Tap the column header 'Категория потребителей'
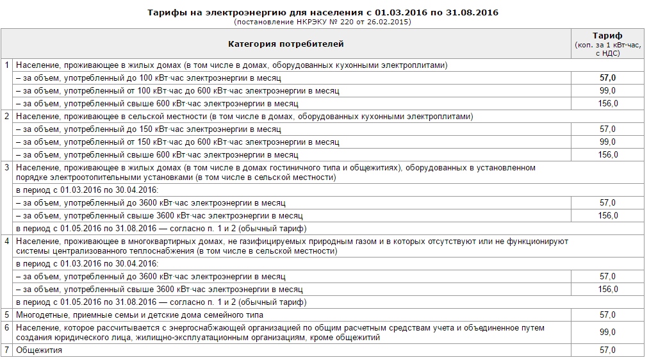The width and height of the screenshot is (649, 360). tap(286, 44)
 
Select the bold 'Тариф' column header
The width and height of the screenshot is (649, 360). tap(607, 36)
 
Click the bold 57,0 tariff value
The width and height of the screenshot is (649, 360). tap(607, 78)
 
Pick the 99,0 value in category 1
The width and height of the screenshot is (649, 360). tap(607, 90)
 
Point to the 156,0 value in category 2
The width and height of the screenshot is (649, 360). tap(607, 154)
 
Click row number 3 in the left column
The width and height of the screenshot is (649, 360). tap(7, 168)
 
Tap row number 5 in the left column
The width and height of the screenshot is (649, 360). tap(7, 315)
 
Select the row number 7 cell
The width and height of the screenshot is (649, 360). tap(7, 350)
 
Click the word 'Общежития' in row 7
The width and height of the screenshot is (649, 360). tap(39, 350)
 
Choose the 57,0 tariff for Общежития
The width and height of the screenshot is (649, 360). tap(607, 350)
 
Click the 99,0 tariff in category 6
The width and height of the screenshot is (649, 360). tap(607, 332)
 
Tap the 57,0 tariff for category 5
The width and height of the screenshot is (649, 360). tap(607, 315)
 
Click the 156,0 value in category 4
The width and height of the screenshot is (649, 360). tap(607, 289)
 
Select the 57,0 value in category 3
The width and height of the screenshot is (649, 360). tap(607, 202)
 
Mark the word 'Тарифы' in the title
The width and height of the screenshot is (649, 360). tap(167, 12)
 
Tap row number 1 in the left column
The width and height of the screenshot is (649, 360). tap(7, 65)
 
